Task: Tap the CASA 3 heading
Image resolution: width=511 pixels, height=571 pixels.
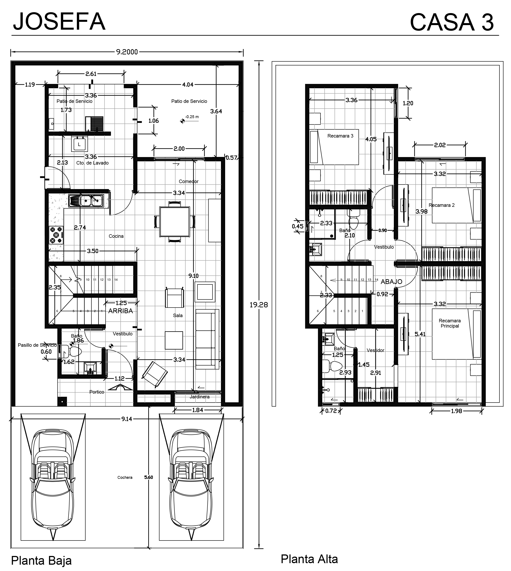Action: coord(452,22)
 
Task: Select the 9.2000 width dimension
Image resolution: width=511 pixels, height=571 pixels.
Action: coord(127,52)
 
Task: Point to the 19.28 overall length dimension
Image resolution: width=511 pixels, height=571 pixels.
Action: coord(259,305)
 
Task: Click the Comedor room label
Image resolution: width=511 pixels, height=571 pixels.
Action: coord(189,181)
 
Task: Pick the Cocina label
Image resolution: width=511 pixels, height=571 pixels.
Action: coord(116,236)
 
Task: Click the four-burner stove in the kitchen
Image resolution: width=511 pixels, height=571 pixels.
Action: coord(56,235)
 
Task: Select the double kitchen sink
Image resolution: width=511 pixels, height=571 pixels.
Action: coord(86,201)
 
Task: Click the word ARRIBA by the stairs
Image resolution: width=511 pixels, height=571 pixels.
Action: coord(120,311)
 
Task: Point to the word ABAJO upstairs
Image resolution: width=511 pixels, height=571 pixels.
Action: coord(391,282)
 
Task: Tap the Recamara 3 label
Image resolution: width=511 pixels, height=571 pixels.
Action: coord(340,136)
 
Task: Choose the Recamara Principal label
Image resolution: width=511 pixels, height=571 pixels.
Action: coord(450,323)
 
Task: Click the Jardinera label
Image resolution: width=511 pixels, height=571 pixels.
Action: coord(199,397)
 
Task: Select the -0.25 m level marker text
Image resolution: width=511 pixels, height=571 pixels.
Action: coord(192,117)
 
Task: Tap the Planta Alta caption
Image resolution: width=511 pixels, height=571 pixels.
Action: coord(309,559)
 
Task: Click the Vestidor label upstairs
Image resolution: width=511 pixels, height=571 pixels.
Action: coord(375,350)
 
